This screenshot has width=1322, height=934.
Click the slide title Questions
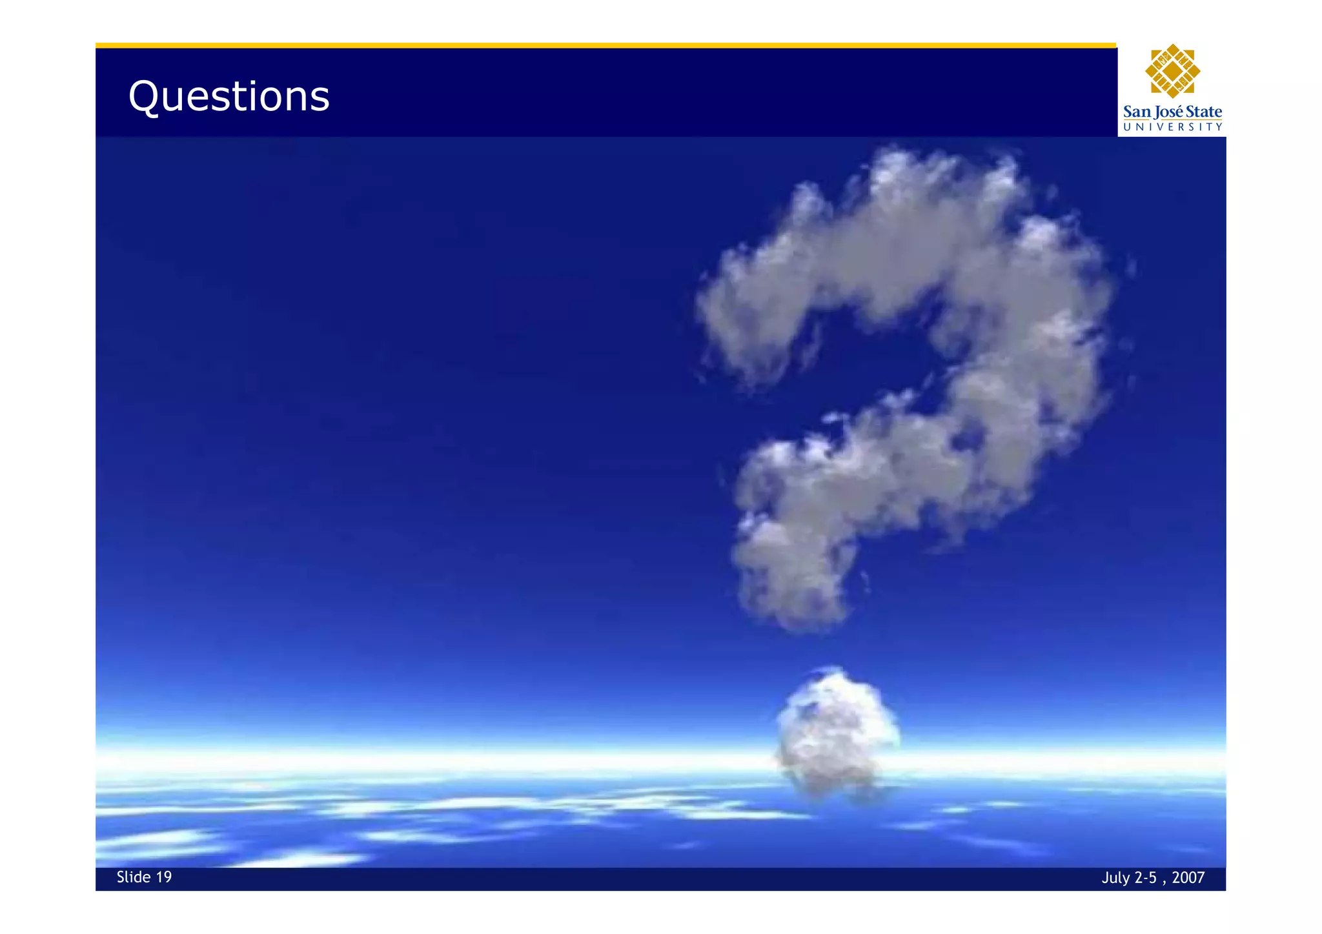(x=229, y=97)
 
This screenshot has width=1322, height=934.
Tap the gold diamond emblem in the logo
(x=1172, y=71)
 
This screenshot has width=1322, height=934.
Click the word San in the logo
(x=1137, y=112)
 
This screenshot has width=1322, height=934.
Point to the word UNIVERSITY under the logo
(x=1172, y=127)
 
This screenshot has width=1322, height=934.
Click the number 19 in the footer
(x=164, y=877)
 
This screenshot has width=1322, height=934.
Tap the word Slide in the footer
(x=134, y=877)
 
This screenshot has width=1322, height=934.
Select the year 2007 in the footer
(x=1188, y=878)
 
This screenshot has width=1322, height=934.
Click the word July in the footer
(x=1115, y=878)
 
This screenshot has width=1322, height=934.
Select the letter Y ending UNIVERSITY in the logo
(x=1219, y=127)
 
